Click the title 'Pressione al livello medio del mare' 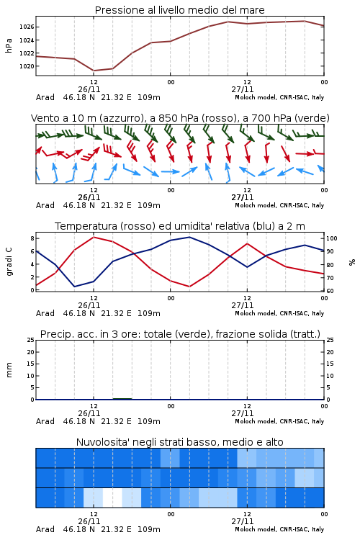[179, 10]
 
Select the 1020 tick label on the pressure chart [26, 66]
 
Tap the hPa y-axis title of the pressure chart [9, 45]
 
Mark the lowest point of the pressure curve [94, 71]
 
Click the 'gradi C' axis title [9, 261]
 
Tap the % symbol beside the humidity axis [352, 262]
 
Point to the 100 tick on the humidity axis [332, 238]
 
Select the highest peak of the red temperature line [94, 237]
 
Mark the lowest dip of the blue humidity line [74, 287]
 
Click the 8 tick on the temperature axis [32, 238]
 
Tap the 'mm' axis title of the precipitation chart [9, 370]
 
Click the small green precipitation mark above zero [122, 399]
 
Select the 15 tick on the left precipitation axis [31, 364]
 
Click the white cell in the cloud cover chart [112, 498]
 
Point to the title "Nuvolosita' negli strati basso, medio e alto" [179, 442]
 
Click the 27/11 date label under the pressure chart [243, 89]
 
